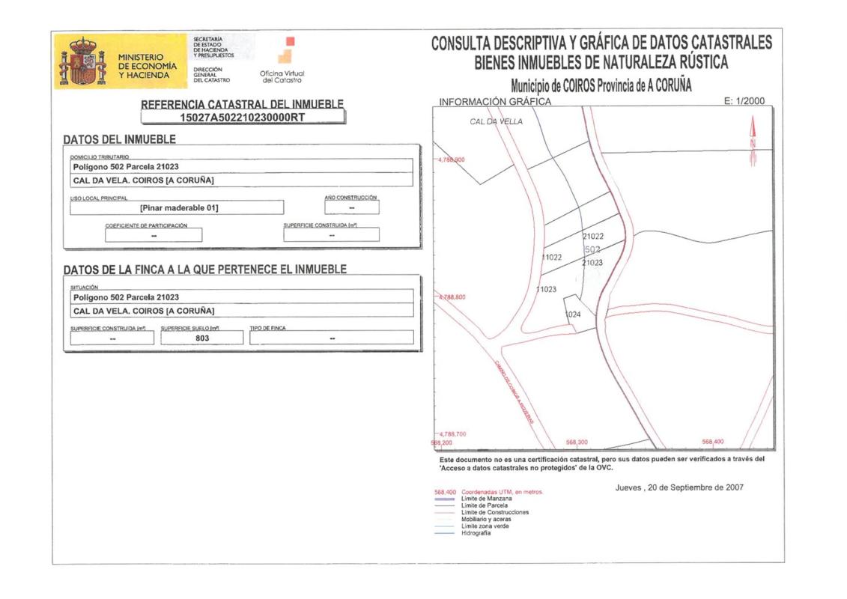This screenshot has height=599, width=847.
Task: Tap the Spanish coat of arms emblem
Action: pyautogui.click(x=83, y=62)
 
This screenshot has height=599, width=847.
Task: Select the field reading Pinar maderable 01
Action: pyautogui.click(x=179, y=207)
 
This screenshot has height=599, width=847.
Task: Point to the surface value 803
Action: pyautogui.click(x=202, y=338)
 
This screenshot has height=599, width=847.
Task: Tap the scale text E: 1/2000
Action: pyautogui.click(x=744, y=101)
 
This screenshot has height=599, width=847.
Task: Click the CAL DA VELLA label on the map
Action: pyautogui.click(x=496, y=121)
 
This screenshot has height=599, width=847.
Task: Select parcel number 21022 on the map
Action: pyautogui.click(x=593, y=236)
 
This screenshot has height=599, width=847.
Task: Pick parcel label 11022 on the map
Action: pyautogui.click(x=551, y=257)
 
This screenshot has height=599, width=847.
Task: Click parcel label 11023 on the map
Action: pyautogui.click(x=546, y=288)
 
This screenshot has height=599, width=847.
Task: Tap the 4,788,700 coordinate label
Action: pyautogui.click(x=452, y=434)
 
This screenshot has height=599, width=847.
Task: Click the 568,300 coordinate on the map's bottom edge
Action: pyautogui.click(x=577, y=442)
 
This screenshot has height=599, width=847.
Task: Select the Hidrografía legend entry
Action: pyautogui.click(x=476, y=532)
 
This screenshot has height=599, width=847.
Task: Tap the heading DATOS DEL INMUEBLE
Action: pyautogui.click(x=119, y=139)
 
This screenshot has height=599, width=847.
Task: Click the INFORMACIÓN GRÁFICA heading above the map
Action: pyautogui.click(x=495, y=101)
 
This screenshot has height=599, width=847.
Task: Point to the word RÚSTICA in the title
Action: pyautogui.click(x=694, y=62)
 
